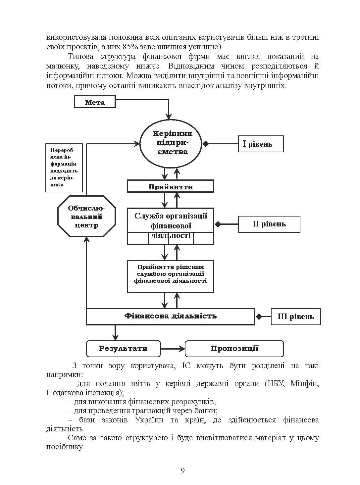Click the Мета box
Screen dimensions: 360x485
(x=94, y=102)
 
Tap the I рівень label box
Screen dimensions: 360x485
(x=261, y=144)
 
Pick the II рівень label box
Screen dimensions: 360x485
(x=269, y=224)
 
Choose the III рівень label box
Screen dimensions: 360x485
(x=296, y=316)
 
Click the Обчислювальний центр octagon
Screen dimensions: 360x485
(x=86, y=216)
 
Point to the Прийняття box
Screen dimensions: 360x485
(x=171, y=186)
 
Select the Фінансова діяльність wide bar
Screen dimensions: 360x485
(x=171, y=316)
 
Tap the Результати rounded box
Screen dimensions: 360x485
(x=123, y=349)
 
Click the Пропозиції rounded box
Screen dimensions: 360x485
(x=234, y=349)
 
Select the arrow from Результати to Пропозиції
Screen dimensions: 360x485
(x=173, y=349)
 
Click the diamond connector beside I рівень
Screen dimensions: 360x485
(x=205, y=144)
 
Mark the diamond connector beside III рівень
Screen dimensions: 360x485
(x=259, y=316)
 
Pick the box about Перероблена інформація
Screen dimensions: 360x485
(x=64, y=168)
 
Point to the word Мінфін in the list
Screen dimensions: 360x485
(x=304, y=383)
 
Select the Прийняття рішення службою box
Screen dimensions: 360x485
(x=171, y=276)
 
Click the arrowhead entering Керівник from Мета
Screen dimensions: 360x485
(x=169, y=117)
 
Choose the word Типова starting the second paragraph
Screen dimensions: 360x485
(x=81, y=56)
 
